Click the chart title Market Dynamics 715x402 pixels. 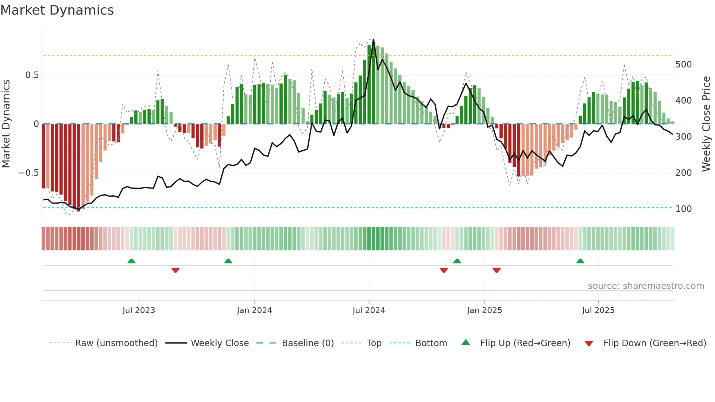pos(57,10)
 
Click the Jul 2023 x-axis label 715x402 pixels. pos(139,310)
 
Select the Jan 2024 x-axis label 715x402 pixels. pos(254,310)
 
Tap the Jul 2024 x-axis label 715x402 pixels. pos(369,310)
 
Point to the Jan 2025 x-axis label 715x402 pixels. pos(484,310)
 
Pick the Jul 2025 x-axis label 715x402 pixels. pos(598,310)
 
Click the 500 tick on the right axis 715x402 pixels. pos(684,65)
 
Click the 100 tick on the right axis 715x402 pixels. pos(684,209)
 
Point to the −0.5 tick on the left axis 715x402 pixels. pos(29,173)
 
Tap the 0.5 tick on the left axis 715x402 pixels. pos(32,75)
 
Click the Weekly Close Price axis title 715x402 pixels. pos(707,124)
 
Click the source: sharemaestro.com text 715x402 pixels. pos(646,286)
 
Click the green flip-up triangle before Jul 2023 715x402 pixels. pos(131,261)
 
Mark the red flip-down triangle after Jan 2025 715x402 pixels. pos(496,270)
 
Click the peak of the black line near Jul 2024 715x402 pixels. pos(373,39)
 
